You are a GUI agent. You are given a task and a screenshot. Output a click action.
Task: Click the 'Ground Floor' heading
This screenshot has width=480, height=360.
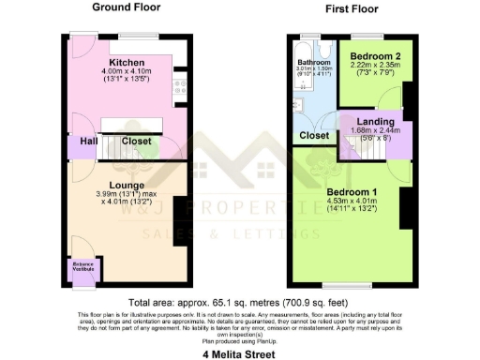click(126, 7)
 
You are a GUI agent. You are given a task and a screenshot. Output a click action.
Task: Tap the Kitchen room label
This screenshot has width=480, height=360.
click(126, 63)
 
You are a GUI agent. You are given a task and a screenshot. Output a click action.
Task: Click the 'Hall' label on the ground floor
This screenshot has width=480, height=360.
click(88, 141)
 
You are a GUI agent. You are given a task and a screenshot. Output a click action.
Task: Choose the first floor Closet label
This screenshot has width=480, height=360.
click(314, 135)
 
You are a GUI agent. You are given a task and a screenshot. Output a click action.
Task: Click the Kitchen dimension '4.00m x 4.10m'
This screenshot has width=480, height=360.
click(126, 72)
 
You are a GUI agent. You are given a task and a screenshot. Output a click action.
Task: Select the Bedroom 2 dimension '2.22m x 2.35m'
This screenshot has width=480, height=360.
click(371, 65)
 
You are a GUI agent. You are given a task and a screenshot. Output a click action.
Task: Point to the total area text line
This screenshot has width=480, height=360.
click(239, 303)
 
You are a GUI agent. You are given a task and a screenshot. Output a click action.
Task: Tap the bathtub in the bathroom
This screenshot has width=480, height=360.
click(298, 84)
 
